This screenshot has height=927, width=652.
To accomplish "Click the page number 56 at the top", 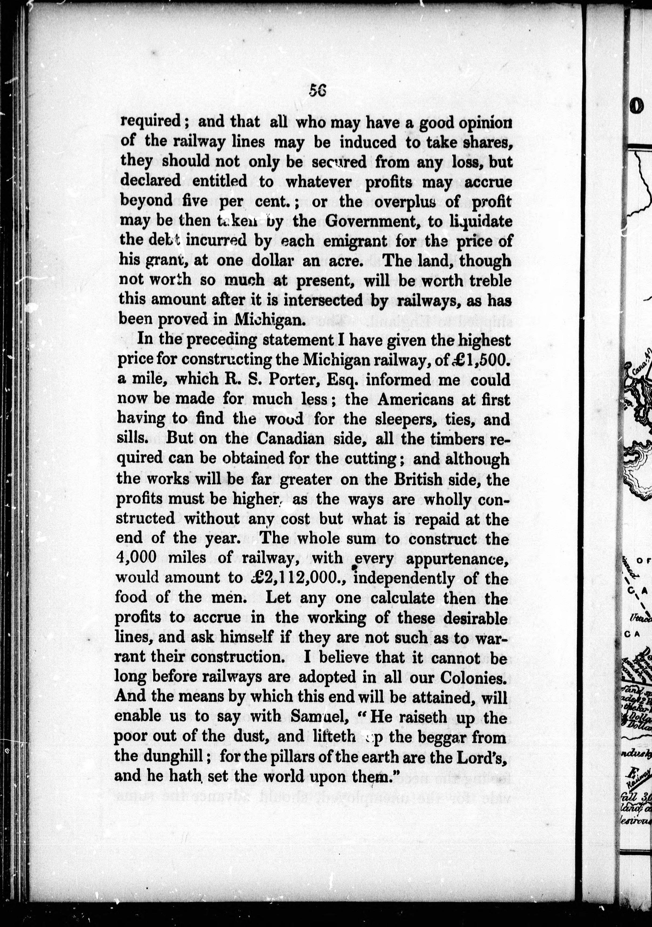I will point(317,91).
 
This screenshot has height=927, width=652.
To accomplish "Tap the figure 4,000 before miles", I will point(136,558).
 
